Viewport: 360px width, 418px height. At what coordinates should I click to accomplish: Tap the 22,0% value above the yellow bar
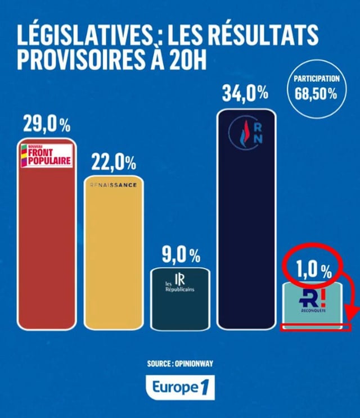[x=113, y=163]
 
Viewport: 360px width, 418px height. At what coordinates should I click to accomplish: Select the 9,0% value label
[x=181, y=255]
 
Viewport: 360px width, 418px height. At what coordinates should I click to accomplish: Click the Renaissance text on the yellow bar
[x=113, y=185]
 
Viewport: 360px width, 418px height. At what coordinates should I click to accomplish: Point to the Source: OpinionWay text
[x=180, y=364]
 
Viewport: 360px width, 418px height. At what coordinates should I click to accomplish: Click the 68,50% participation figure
[x=316, y=93]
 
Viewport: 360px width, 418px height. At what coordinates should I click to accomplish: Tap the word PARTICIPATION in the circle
[x=316, y=79]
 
